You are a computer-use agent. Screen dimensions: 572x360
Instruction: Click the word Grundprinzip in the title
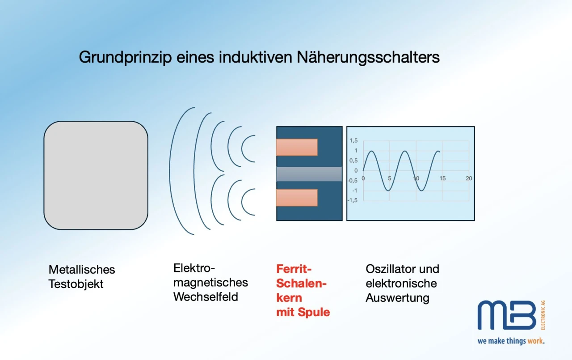pos(125,58)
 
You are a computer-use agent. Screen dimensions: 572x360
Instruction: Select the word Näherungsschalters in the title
pos(368,57)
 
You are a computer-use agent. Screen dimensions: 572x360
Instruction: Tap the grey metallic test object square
pos(96,175)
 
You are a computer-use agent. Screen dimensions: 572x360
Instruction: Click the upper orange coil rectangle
pos(297,147)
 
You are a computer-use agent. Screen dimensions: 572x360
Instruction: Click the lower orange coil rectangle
pos(297,198)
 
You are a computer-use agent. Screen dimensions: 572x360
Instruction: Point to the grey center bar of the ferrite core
pos(309,174)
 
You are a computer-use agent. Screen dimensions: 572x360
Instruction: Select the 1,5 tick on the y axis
pos(353,140)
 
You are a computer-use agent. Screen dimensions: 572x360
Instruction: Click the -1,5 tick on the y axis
pos(353,200)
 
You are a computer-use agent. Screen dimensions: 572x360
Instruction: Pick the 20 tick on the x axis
pos(469,178)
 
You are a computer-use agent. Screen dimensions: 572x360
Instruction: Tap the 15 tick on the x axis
pos(442,178)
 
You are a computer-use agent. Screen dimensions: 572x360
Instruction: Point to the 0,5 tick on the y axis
pos(353,161)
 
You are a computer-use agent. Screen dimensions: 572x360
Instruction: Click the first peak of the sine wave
pos(371,151)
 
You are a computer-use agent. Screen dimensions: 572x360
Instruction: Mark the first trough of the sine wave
pos(388,191)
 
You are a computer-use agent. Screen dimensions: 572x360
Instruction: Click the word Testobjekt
pos(76,284)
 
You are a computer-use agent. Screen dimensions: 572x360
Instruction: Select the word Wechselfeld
pos(206,297)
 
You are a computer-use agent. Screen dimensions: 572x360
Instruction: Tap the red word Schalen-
pos(302,284)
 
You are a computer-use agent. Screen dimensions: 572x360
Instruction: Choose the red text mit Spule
pos(303,313)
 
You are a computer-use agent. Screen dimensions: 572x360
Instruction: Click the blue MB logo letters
pos(507,315)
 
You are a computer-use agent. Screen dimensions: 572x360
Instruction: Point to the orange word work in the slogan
pos(535,341)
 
